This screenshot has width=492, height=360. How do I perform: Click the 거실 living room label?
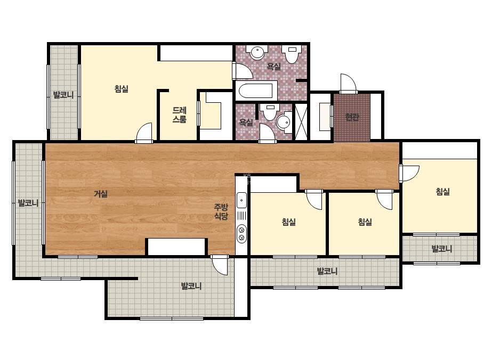[101, 194]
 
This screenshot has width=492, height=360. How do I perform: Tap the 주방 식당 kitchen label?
[221, 211]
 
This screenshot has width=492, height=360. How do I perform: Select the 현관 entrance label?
[352, 117]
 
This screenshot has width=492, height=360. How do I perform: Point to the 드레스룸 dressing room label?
[180, 115]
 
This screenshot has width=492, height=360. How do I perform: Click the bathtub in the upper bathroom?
[256, 91]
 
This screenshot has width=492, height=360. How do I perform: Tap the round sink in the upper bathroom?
[257, 52]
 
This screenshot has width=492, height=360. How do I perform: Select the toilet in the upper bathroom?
[292, 54]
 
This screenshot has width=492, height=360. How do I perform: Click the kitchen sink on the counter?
[241, 200]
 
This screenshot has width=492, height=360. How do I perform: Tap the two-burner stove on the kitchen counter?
[241, 234]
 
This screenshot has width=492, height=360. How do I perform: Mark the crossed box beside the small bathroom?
[301, 121]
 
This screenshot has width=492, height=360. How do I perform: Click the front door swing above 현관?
[348, 84]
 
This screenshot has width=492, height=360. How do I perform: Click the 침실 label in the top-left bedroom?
[122, 89]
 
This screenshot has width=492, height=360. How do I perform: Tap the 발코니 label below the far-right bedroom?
[442, 249]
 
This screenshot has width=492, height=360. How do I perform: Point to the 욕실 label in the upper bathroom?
[273, 66]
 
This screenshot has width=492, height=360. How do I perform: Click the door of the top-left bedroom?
[144, 133]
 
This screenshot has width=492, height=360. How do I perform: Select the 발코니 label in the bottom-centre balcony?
[191, 285]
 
